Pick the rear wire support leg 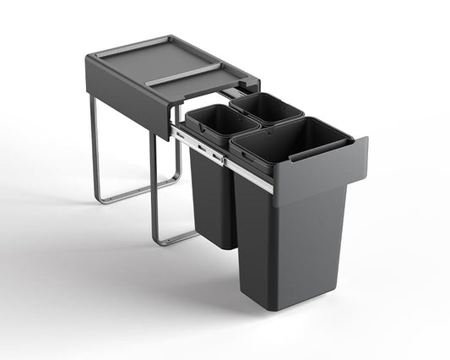pos(94,152)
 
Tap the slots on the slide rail pos(203,150)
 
